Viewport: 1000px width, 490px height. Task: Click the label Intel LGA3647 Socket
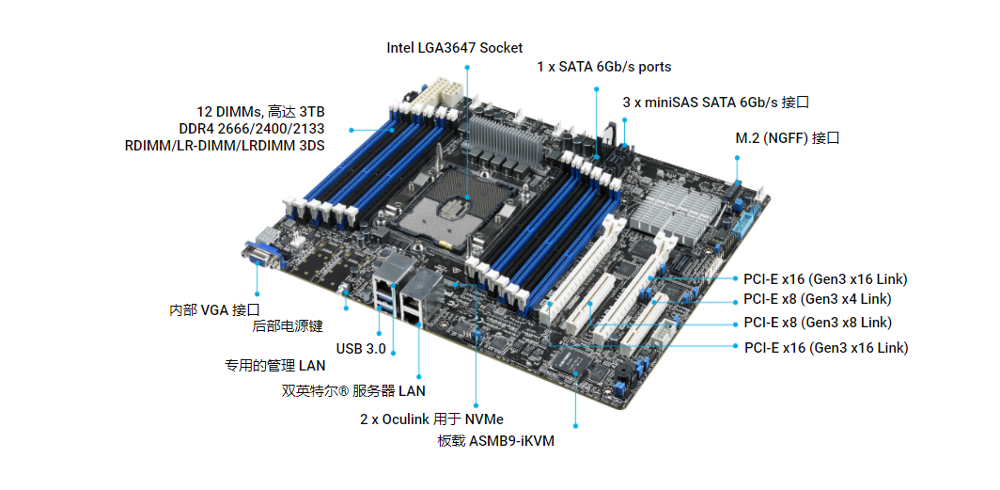(455, 48)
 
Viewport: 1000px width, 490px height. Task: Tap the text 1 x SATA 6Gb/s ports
(604, 67)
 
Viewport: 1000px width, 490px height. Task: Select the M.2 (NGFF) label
(787, 138)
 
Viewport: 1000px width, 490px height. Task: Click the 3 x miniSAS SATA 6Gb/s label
(716, 103)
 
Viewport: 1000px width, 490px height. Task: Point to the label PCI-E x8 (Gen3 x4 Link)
(818, 298)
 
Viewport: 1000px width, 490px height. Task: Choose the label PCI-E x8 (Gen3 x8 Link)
(818, 323)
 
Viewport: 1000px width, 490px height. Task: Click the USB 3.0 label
(361, 349)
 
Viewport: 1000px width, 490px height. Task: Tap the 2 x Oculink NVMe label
(431, 419)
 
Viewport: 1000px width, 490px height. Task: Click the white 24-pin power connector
(435, 95)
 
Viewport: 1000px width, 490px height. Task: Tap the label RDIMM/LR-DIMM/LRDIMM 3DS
(225, 146)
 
